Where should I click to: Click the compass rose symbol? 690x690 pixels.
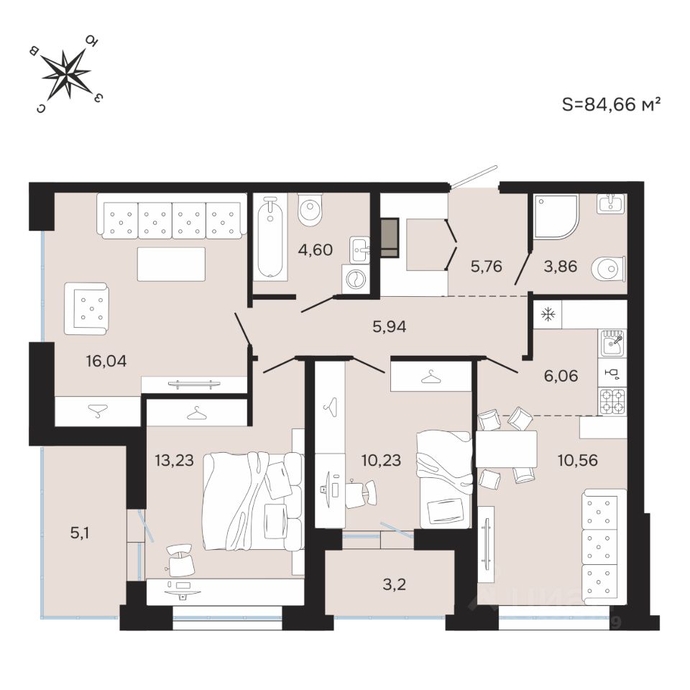(66, 73)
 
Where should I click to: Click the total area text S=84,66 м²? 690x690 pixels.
(611, 104)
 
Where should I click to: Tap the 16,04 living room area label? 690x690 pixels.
(105, 361)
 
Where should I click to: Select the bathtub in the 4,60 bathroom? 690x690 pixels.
(270, 236)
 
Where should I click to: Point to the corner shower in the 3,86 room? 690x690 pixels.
(555, 216)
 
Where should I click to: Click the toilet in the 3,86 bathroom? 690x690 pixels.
(608, 270)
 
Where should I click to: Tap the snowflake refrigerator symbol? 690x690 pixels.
(547, 314)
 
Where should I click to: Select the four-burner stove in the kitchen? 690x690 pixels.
(612, 400)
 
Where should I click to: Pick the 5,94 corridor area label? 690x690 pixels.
(390, 327)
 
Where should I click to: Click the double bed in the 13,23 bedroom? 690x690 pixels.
(251, 500)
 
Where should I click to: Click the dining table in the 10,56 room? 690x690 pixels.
(507, 449)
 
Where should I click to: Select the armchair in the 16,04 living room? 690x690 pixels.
(86, 308)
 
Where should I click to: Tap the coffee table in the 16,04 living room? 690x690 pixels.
(171, 264)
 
